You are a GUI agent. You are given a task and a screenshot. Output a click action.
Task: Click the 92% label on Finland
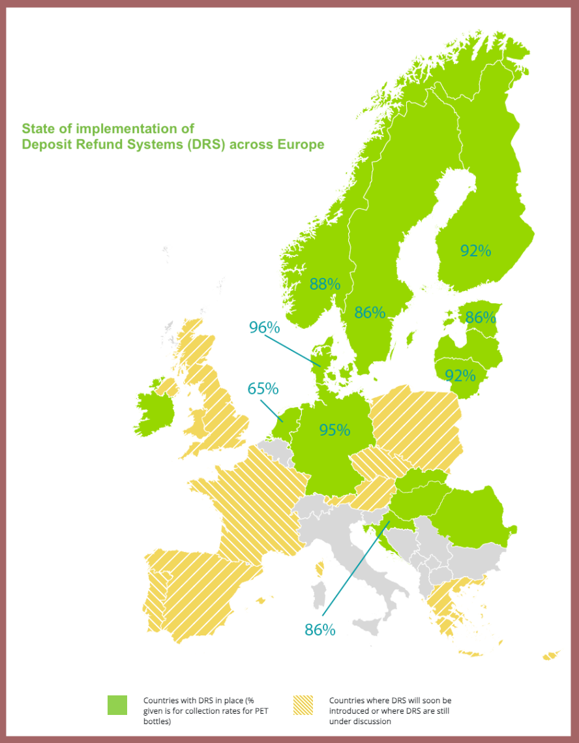click(475, 250)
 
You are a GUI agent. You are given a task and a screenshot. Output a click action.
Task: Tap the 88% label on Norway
click(325, 284)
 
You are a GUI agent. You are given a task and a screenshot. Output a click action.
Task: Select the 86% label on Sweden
click(370, 312)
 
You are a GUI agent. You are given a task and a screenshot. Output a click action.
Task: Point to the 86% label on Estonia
click(481, 318)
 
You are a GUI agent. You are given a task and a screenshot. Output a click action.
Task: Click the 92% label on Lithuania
click(460, 375)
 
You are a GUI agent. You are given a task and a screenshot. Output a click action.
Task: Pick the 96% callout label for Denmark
click(264, 327)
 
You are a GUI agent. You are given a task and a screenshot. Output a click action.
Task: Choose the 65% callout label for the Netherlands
click(263, 389)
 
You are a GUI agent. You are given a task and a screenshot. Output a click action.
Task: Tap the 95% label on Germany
click(334, 430)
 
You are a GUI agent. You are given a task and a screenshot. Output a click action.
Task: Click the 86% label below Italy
click(319, 629)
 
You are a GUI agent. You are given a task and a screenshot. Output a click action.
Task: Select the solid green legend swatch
click(117, 705)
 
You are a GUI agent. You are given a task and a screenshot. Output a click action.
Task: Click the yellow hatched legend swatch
click(303, 705)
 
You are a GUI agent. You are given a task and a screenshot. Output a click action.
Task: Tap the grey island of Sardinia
click(319, 598)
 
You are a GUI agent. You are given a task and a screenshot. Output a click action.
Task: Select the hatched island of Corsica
click(320, 569)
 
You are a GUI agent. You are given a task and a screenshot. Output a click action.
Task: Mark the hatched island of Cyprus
click(552, 655)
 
